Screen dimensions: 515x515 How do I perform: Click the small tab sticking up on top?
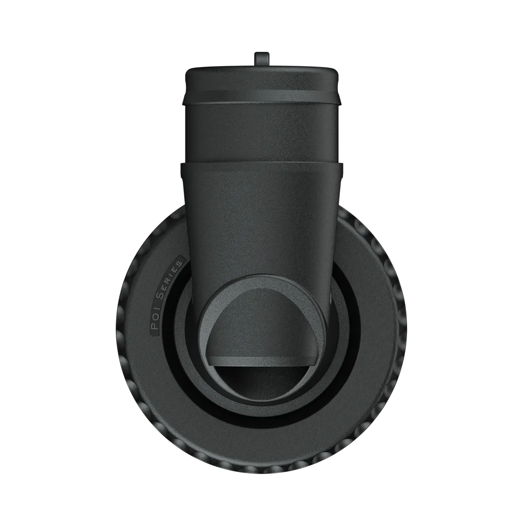pyautogui.click(x=262, y=59)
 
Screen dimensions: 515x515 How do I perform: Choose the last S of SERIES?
pyautogui.click(x=179, y=264)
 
